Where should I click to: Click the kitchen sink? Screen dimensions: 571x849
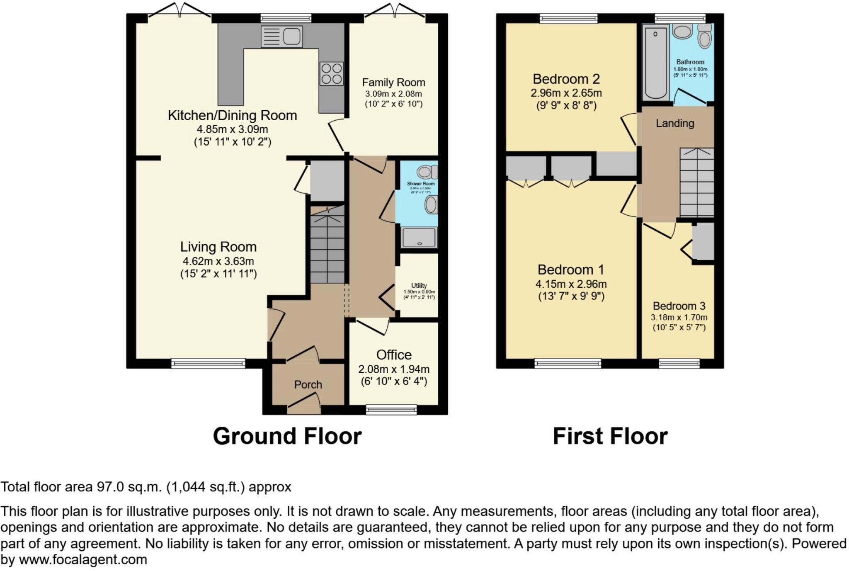tap(281, 36)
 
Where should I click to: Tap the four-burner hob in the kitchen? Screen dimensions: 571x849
tap(332, 73)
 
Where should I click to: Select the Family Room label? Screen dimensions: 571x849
tap(393, 83)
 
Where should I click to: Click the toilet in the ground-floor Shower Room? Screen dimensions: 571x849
tap(427, 172)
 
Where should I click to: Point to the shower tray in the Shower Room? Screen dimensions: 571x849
tap(419, 238)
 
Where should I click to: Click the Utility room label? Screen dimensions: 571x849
tap(419, 285)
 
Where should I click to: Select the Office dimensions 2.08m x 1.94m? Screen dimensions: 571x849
tap(393, 369)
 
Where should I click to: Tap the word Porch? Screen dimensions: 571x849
tap(308, 385)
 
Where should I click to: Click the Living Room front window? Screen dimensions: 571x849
tap(208, 364)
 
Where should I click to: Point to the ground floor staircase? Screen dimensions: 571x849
tap(327, 245)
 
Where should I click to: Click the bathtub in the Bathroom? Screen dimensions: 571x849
tap(655, 62)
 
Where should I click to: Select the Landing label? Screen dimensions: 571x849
tap(674, 123)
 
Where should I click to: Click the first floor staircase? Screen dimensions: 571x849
tap(696, 182)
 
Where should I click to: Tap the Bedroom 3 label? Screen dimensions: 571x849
tap(679, 306)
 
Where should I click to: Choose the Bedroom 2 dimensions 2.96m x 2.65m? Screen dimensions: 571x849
tap(566, 93)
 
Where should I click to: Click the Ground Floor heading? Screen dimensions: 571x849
tap(287, 436)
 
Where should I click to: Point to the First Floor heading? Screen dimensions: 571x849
tap(610, 436)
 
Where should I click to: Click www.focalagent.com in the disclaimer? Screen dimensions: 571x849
tap(83, 560)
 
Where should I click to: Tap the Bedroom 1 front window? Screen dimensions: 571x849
tap(568, 364)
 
